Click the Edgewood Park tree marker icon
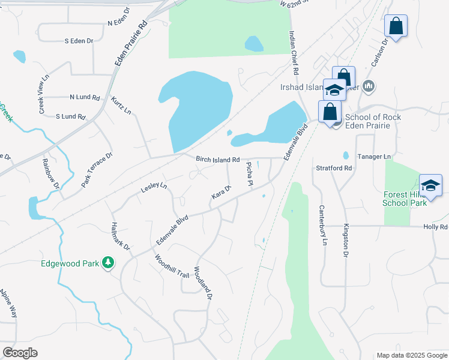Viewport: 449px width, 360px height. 108,263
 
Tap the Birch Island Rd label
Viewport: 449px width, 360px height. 218,160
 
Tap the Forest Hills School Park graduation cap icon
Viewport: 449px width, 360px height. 430,185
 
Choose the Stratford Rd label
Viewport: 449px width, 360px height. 334,169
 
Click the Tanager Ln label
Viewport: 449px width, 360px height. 374,157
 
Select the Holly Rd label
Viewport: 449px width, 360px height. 435,227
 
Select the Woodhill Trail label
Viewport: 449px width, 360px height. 171,266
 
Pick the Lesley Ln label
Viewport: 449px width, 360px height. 154,188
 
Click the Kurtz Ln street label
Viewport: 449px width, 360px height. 121,105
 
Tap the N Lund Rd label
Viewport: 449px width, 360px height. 83,97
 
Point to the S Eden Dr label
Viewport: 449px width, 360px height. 79,41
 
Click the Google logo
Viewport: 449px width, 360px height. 20,353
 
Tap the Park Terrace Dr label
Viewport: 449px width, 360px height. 97,169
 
